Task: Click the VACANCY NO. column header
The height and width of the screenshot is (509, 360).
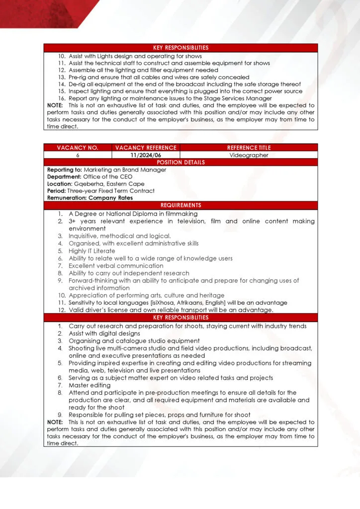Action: point(78,148)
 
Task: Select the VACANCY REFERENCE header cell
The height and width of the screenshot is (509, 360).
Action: point(146,148)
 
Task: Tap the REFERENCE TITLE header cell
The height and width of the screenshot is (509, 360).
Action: point(249,148)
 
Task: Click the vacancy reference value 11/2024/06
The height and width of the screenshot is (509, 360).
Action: point(146,155)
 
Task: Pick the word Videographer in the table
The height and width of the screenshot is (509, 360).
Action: point(249,155)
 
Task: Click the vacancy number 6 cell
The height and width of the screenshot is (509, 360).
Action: point(78,155)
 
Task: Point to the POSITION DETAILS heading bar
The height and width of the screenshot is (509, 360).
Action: point(180,163)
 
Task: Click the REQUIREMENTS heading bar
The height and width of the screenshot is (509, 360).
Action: point(180,205)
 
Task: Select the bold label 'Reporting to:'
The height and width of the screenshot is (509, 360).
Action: point(64,170)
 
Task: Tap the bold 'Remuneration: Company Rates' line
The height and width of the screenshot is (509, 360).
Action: point(90,198)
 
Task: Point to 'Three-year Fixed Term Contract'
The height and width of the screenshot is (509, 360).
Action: point(111,191)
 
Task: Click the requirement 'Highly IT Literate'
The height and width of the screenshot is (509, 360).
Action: point(91,251)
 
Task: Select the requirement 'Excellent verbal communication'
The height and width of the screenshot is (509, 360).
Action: point(116,266)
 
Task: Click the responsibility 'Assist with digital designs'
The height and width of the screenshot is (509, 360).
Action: point(104,334)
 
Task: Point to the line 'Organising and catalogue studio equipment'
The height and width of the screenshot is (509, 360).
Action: point(134,341)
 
